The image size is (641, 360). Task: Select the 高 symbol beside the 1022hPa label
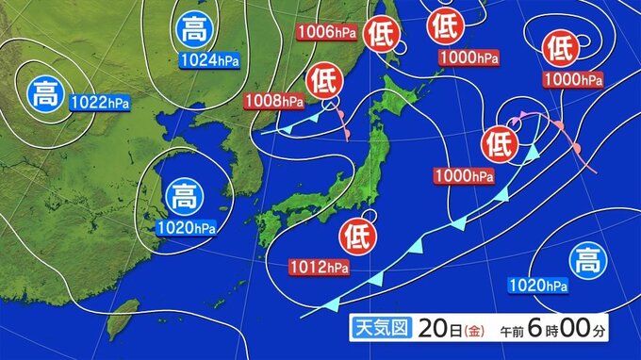click(44, 92)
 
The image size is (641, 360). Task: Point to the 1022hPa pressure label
click(99, 101)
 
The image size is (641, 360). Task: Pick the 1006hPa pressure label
click(326, 33)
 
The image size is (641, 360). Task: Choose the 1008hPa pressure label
click(275, 100)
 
